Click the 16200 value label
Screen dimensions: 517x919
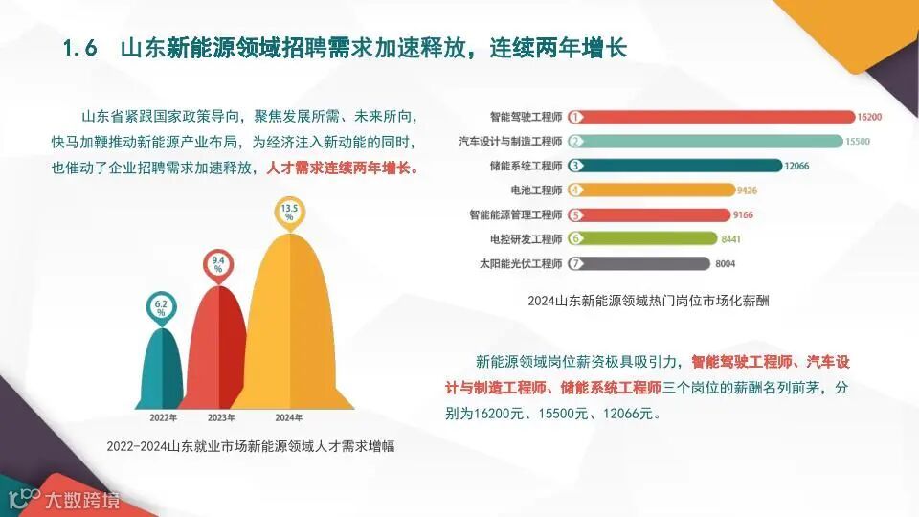click(x=869, y=117)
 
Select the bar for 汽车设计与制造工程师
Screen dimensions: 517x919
click(x=708, y=141)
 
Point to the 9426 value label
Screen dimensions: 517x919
click(x=749, y=190)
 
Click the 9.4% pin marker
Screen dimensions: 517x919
click(x=218, y=263)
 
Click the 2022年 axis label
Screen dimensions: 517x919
click(x=163, y=417)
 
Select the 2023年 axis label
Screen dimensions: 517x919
click(x=221, y=417)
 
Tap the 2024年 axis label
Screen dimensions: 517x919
click(x=288, y=417)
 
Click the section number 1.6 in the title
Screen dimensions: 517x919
click(x=80, y=49)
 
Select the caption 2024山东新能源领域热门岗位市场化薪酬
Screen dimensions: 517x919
click(x=648, y=300)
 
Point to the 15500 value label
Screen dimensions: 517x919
click(x=857, y=141)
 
